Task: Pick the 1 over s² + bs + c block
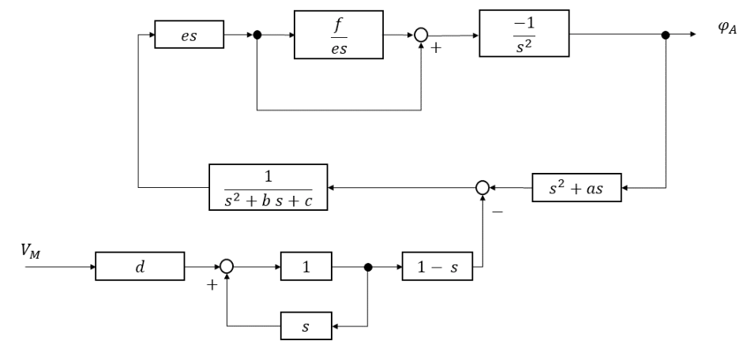click(x=268, y=188)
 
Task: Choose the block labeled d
click(x=140, y=267)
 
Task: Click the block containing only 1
click(x=306, y=267)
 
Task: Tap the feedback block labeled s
click(x=306, y=324)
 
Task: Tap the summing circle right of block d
click(x=227, y=267)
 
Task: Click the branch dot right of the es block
click(x=257, y=36)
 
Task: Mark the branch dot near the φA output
click(x=666, y=36)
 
